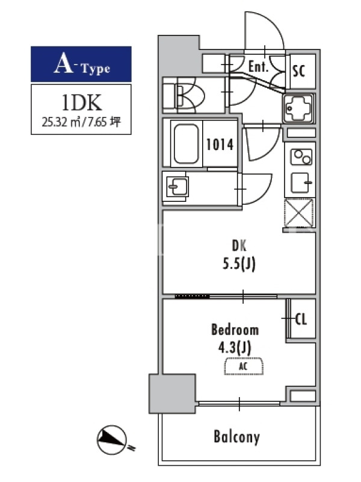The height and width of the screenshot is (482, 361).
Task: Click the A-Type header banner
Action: pyautogui.click(x=81, y=64)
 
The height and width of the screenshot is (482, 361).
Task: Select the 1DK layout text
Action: pyautogui.click(x=81, y=103)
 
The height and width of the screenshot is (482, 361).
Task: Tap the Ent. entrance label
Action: pyautogui.click(x=258, y=66)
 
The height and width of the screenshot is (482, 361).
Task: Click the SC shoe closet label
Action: pyautogui.click(x=298, y=70)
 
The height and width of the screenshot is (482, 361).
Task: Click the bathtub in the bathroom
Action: pyautogui.click(x=186, y=143)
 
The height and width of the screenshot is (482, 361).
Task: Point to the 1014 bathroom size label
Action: pyautogui.click(x=220, y=145)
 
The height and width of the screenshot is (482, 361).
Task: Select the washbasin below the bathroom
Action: pyautogui.click(x=177, y=186)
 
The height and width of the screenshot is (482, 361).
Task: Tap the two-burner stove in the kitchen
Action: pyautogui.click(x=301, y=157)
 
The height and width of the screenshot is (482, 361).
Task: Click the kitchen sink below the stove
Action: pyautogui.click(x=300, y=183)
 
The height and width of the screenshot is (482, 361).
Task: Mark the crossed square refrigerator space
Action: pyautogui.click(x=299, y=213)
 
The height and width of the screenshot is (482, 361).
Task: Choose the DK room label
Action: pyautogui.click(x=239, y=246)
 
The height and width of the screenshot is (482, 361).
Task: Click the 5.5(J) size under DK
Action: pyautogui.click(x=239, y=264)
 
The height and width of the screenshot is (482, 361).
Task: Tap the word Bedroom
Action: pyautogui.click(x=235, y=330)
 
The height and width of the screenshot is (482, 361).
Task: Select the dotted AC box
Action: pyautogui.click(x=244, y=366)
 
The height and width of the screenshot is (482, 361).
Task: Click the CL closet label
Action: pyautogui.click(x=301, y=319)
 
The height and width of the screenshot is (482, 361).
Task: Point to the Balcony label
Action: pyautogui.click(x=236, y=437)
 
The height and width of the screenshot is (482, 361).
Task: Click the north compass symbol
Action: pyautogui.click(x=112, y=440)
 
